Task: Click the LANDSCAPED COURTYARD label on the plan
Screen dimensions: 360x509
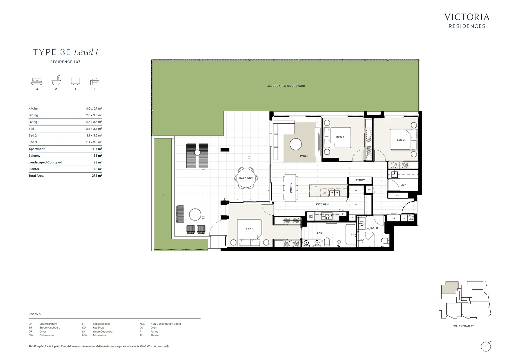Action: (286, 86)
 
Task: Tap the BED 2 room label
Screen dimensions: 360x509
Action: (340, 137)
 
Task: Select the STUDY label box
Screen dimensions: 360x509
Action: (360, 180)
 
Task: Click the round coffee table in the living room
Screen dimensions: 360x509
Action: (296, 144)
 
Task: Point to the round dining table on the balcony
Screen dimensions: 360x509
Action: (246, 178)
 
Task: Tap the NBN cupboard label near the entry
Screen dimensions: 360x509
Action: (411, 219)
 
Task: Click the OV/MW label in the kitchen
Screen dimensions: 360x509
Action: (311, 216)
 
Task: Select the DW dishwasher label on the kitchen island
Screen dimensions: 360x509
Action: (324, 193)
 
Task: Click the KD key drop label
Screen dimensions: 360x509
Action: (398, 196)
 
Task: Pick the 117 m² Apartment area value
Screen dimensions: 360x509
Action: (97, 149)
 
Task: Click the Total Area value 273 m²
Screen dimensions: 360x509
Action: (97, 176)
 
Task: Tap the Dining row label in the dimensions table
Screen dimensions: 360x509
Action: (33, 115)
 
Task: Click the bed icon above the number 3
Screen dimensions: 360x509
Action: (37, 81)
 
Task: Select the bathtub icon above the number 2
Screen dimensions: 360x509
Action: (56, 80)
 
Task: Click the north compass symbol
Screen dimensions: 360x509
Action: (486, 346)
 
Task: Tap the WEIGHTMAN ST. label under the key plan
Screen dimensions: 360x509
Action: (464, 326)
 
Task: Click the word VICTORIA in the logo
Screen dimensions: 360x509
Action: (467, 17)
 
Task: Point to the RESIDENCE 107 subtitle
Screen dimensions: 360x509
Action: (65, 62)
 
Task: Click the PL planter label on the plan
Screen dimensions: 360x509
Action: (163, 195)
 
